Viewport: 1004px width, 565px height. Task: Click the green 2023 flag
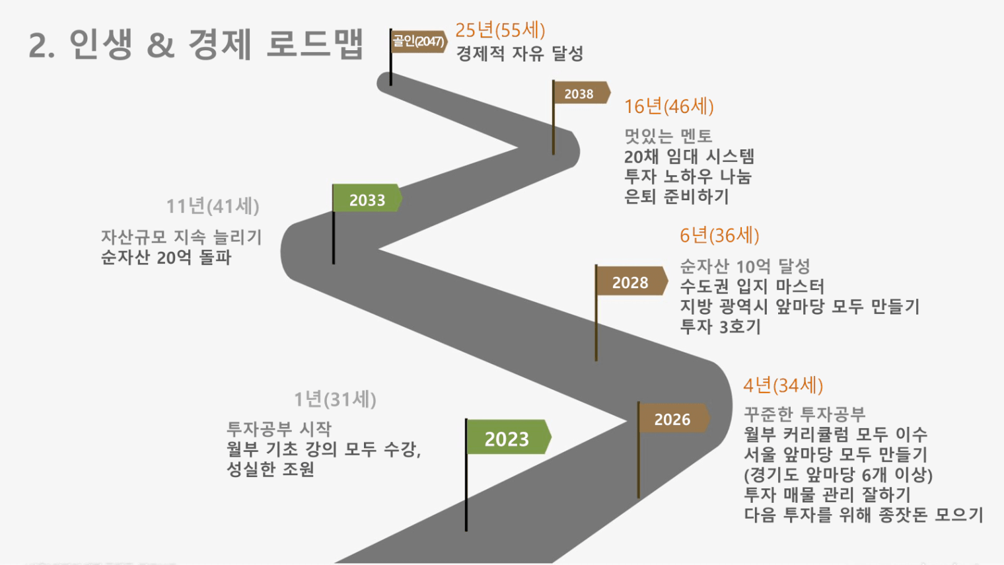[509, 437]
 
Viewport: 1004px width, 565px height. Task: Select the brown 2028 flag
[631, 281]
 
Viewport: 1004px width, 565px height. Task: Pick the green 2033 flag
[367, 198]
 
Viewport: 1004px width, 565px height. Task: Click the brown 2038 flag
[581, 93]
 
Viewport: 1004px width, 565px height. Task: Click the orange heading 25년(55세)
[500, 30]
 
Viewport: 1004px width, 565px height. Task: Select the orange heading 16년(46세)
[668, 106]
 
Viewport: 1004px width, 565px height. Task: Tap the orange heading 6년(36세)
[719, 235]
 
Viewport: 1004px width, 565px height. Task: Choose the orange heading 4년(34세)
[783, 385]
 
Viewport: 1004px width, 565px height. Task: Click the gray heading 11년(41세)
[213, 206]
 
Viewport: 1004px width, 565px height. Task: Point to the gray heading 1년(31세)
[336, 399]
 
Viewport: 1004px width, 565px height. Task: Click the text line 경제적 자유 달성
[519, 54]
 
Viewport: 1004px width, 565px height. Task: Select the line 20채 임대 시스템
[689, 157]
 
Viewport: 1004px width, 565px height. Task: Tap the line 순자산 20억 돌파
[166, 258]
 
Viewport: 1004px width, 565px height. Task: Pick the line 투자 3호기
[720, 326]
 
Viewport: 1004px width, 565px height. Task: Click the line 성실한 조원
[270, 469]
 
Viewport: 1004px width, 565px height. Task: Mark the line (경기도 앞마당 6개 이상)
[838, 474]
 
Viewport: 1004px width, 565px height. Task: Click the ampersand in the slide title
[160, 46]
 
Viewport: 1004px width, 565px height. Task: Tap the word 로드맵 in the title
[314, 44]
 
